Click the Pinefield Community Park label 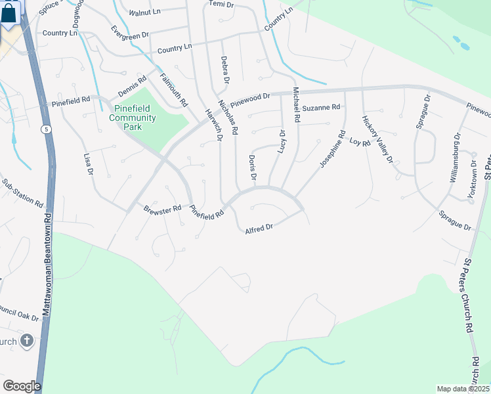click(133, 118)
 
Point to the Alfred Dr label click(259, 229)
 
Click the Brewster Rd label click(162, 209)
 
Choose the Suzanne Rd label click(322, 107)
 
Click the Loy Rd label click(360, 142)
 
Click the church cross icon click(26, 341)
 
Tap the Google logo click(22, 385)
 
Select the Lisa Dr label click(89, 164)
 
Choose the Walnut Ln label click(144, 12)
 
